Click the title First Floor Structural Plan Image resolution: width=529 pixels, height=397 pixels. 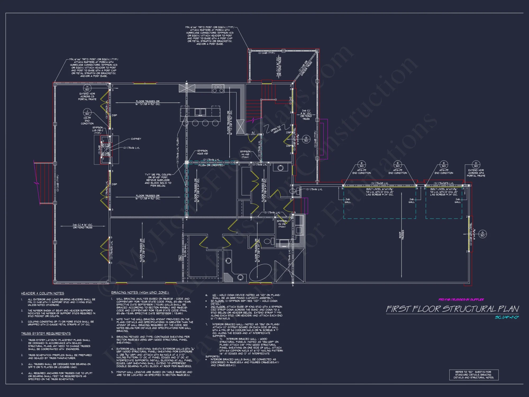(x=452, y=309)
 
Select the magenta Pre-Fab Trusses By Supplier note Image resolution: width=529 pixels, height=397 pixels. (x=461, y=300)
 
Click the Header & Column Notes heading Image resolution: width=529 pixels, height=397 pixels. (x=43, y=293)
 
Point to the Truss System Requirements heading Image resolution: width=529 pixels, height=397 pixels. (x=46, y=333)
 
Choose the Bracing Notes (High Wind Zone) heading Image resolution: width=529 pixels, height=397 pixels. (x=140, y=292)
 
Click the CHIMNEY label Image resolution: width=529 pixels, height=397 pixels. (x=136, y=139)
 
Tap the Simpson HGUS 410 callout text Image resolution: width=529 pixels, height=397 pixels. (x=202, y=152)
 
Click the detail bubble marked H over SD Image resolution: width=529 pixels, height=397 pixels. (x=87, y=88)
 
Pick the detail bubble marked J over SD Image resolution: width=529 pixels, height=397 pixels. (x=87, y=112)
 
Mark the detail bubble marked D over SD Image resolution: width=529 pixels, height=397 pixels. (x=476, y=164)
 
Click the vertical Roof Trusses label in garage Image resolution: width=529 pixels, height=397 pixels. (x=402, y=234)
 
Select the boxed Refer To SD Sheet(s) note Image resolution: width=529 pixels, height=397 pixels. (x=474, y=375)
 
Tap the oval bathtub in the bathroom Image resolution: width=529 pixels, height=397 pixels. (x=261, y=273)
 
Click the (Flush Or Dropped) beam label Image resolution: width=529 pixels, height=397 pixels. (x=211, y=165)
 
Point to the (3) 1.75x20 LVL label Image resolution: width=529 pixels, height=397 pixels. (x=380, y=183)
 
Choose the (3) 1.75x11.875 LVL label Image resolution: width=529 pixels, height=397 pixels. (x=444, y=183)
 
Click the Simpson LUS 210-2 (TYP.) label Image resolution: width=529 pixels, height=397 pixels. (x=98, y=130)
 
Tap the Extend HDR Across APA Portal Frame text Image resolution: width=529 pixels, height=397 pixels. (x=476, y=173)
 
